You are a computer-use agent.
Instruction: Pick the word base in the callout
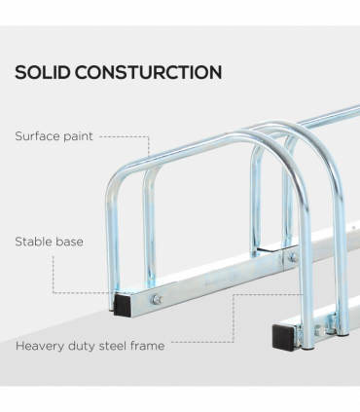70,241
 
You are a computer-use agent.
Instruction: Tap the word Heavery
43,345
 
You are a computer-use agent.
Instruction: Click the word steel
123,345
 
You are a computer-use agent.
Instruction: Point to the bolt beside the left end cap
156,298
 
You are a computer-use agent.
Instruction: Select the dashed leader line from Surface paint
125,137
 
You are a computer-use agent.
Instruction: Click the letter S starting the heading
20,72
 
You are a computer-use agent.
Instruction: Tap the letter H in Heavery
19,345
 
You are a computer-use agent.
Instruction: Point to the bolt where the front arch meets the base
293,257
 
